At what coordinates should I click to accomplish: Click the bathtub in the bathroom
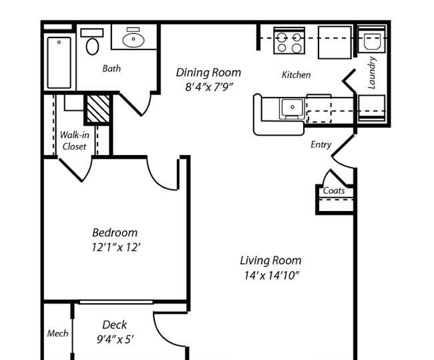[59, 62]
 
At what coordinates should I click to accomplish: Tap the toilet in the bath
[92, 43]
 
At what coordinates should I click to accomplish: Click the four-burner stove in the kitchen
[288, 41]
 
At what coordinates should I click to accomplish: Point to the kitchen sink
[291, 107]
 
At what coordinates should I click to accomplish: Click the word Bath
[112, 68]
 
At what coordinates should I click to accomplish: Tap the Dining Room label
[208, 73]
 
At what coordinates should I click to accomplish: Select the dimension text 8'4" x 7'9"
[208, 87]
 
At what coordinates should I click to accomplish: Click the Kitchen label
[296, 75]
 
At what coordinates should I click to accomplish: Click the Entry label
[320, 144]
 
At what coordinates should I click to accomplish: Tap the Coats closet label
[334, 190]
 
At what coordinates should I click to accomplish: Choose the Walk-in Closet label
[74, 140]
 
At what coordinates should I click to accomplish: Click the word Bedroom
[115, 232]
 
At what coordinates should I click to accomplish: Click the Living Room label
[270, 260]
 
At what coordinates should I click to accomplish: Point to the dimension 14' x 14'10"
[270, 275]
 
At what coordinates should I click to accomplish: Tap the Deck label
[115, 325]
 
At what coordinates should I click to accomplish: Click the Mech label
[57, 333]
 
